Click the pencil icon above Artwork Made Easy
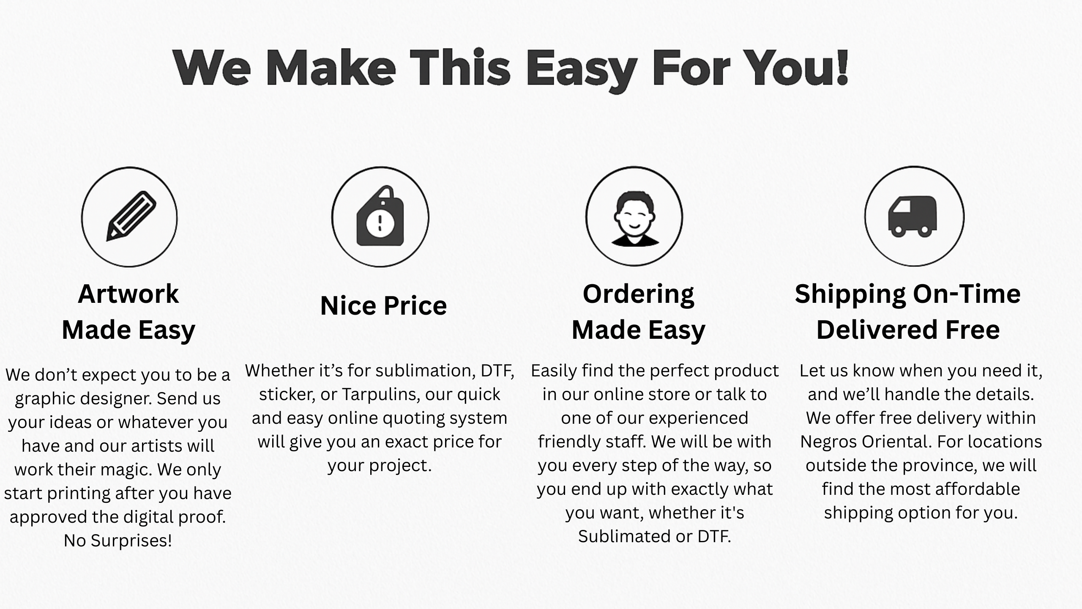pos(131,216)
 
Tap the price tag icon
pos(380,216)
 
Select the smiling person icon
pos(634,218)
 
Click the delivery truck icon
pos(913,216)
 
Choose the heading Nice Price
pos(383,305)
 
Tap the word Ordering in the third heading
pos(638,295)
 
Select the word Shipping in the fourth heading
pos(849,295)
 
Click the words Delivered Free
pos(908,329)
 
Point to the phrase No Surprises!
pos(118,540)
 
